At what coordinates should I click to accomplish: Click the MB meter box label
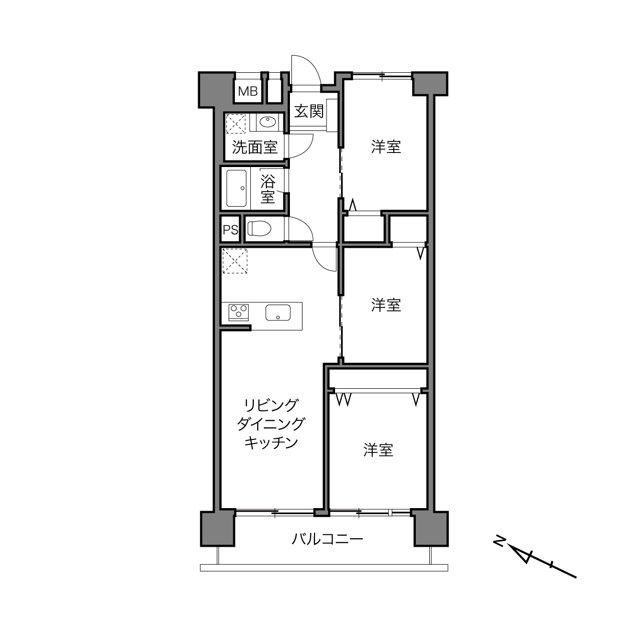(248, 91)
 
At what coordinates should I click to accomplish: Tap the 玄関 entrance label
(308, 111)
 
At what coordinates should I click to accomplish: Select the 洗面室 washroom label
(254, 147)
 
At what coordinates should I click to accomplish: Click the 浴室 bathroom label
(267, 189)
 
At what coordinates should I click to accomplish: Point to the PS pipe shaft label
(230, 230)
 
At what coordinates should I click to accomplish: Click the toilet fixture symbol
(259, 228)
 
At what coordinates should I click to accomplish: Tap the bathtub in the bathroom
(236, 189)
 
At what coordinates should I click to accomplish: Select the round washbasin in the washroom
(268, 122)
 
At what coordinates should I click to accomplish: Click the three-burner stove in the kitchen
(239, 312)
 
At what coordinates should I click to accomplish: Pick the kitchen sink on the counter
(278, 312)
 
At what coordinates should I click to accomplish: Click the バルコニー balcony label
(327, 539)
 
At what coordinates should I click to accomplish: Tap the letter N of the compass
(499, 541)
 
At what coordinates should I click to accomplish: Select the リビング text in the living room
(271, 405)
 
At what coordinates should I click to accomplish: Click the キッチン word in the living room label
(271, 442)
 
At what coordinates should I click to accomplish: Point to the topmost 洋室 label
(386, 146)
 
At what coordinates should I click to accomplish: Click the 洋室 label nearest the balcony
(378, 450)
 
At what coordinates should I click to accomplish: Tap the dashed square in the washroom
(236, 123)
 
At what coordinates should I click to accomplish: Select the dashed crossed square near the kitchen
(235, 261)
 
